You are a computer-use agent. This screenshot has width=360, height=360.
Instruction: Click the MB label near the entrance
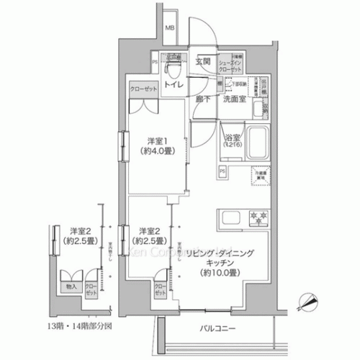171,29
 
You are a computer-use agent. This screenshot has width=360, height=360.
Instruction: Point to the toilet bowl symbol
173,68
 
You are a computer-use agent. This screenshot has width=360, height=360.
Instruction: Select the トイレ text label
173,84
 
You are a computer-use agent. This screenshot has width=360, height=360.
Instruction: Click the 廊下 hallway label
202,99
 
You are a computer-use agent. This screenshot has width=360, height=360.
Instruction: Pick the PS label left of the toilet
155,62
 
